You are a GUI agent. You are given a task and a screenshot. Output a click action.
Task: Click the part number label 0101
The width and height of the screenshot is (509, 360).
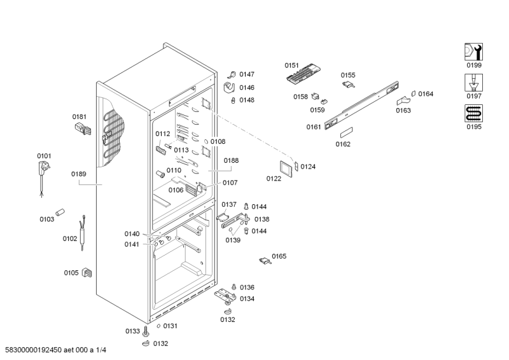[x=44, y=156]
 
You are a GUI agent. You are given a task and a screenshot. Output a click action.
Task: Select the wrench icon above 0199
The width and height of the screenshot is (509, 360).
[x=473, y=52]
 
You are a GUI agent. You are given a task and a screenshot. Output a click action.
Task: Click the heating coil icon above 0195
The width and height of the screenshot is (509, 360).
[x=473, y=114]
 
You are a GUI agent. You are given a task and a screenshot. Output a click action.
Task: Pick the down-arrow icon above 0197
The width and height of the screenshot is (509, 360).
[x=473, y=83]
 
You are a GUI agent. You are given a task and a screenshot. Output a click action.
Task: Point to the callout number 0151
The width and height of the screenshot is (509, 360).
[x=291, y=65]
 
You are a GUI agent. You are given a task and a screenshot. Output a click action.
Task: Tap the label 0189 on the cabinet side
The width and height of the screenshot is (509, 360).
[x=78, y=174]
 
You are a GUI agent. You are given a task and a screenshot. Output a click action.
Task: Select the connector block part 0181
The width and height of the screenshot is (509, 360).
[x=83, y=130]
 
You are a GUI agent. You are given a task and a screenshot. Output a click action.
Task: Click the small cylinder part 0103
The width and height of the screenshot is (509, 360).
[x=61, y=211]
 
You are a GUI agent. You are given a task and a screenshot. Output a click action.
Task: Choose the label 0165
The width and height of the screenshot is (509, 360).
[x=279, y=256]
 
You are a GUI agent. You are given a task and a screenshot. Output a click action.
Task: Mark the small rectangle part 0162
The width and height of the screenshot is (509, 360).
[x=347, y=134]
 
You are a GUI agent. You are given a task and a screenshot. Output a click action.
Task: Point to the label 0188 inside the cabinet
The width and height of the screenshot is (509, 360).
[x=231, y=161]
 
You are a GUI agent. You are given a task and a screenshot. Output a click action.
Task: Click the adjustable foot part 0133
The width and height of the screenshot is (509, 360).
[x=146, y=331]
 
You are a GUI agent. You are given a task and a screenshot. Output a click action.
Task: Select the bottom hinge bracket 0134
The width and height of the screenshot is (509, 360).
[x=225, y=295]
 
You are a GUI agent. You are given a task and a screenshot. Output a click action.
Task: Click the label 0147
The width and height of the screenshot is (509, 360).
[x=246, y=74]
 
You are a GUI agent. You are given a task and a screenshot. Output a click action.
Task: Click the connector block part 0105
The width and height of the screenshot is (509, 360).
[x=88, y=274]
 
